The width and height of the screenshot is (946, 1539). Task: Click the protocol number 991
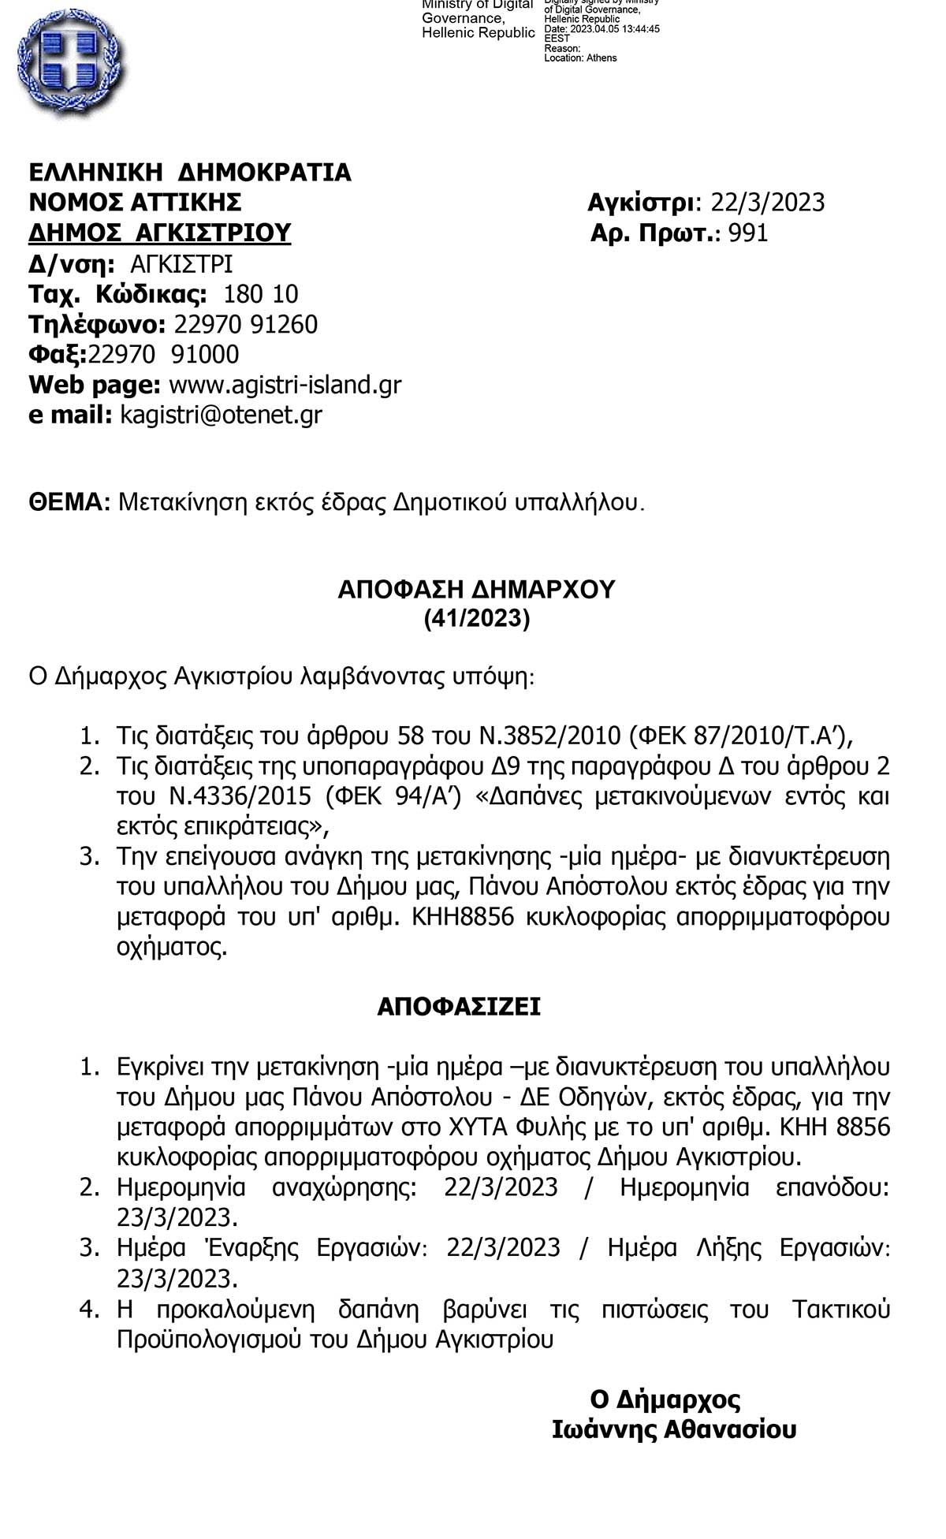(748, 233)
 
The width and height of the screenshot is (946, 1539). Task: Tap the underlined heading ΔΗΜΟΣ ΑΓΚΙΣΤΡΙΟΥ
(160, 233)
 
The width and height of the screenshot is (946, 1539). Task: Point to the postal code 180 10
(261, 294)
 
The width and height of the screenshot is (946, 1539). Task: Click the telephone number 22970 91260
(245, 325)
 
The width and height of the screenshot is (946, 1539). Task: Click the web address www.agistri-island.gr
(285, 385)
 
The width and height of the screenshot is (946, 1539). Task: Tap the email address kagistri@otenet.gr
(221, 415)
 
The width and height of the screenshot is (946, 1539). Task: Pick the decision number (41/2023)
(477, 619)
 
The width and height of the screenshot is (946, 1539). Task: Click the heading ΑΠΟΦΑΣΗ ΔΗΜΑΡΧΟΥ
(476, 590)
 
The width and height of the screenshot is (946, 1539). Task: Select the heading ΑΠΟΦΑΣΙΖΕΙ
(459, 1007)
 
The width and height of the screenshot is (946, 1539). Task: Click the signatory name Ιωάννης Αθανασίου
(674, 1429)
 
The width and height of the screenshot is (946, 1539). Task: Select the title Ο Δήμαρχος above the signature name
(665, 1399)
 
